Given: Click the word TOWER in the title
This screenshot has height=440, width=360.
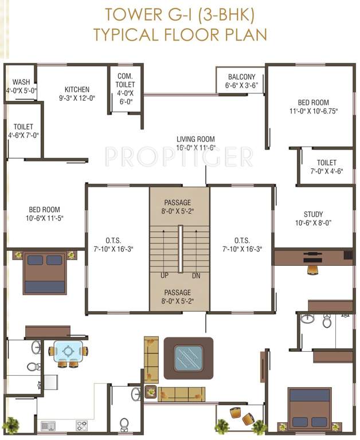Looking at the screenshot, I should pos(127,13).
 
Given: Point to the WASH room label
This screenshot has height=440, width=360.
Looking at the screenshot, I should pos(21,82).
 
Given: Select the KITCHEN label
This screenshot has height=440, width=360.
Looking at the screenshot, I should pos(77,89).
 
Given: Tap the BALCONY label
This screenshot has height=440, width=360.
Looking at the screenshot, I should pos(241,77).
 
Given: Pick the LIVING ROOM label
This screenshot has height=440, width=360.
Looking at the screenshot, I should pos(195,139).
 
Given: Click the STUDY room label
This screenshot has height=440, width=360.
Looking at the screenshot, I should pos(313,214).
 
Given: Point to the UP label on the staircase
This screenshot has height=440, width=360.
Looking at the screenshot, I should pos(164,276).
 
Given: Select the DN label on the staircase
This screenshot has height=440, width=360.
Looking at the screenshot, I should pos(196,276).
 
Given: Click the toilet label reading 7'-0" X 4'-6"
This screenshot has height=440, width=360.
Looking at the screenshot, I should pos(326,171).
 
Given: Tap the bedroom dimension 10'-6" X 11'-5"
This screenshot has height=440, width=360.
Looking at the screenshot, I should pos(44,218).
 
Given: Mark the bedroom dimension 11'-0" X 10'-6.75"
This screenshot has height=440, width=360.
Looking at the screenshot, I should pos(314,112).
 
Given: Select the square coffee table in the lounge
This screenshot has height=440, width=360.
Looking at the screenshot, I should pos(188,358).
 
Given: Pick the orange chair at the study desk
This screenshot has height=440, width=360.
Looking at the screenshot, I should pos(312,269).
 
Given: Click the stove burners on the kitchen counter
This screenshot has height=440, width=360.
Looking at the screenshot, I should pos(82,425).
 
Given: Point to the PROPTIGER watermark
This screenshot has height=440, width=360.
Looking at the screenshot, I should pos(179,155).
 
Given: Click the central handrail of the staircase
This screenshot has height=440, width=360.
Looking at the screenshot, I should pos(180,249).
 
